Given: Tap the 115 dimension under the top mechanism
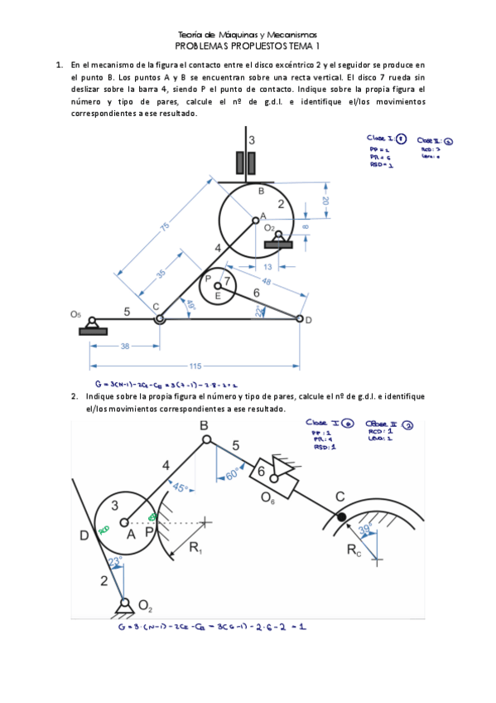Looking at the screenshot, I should (x=195, y=366).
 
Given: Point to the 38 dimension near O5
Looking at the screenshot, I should (x=124, y=347).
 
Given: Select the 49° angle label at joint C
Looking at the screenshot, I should (x=191, y=304).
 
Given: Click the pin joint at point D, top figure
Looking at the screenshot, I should (x=299, y=318).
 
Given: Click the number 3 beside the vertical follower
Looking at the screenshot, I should (x=252, y=140).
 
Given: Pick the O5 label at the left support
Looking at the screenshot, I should (x=76, y=315).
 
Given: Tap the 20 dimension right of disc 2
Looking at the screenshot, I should (x=325, y=200).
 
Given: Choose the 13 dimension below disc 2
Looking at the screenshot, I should (x=268, y=267).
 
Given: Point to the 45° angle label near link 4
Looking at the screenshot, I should (x=180, y=487).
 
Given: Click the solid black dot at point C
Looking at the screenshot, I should (x=340, y=516).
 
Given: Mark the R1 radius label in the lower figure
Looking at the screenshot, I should (x=196, y=548).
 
